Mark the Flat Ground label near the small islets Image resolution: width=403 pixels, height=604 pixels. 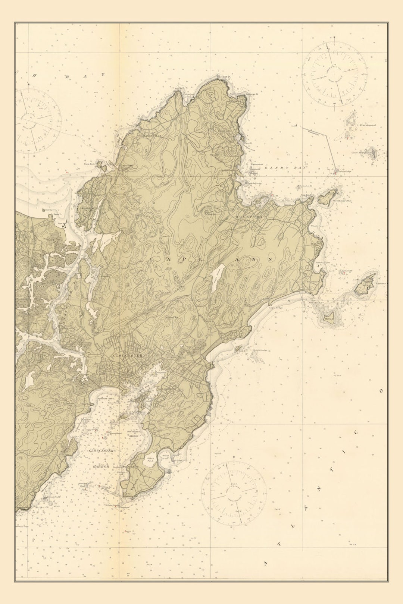tap(368, 125)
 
